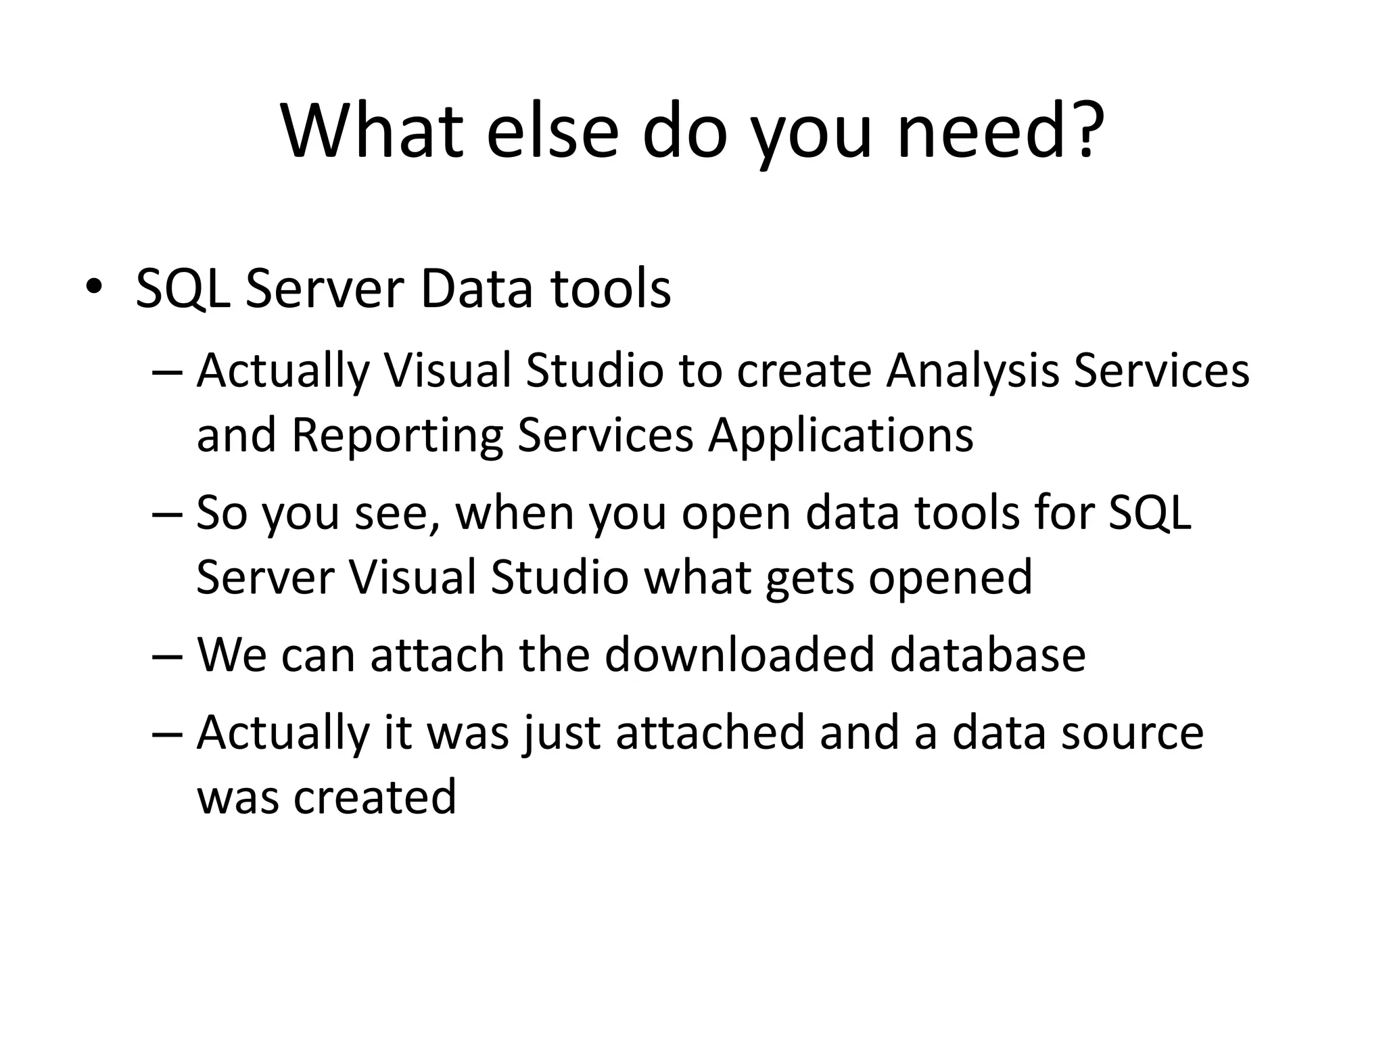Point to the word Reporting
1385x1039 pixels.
[x=397, y=434]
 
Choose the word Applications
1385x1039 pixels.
[x=841, y=434]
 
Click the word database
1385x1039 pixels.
[x=987, y=654]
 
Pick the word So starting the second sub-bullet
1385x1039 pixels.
[x=221, y=512]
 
